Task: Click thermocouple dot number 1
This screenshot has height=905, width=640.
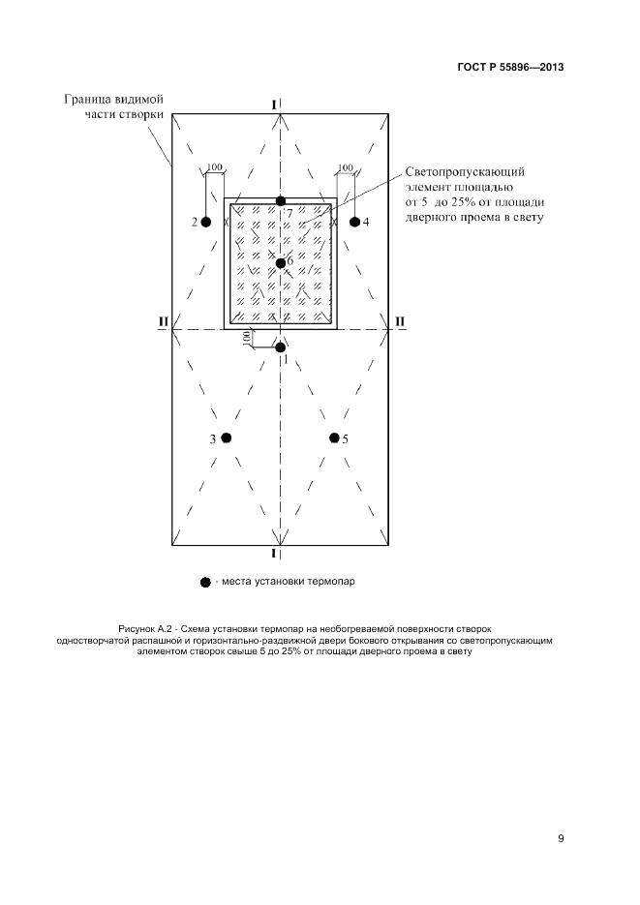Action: pyautogui.click(x=280, y=347)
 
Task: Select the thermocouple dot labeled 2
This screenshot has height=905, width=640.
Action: pyautogui.click(x=206, y=222)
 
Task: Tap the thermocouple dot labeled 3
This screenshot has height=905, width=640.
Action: pyautogui.click(x=226, y=438)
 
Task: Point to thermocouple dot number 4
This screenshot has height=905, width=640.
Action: pyautogui.click(x=353, y=222)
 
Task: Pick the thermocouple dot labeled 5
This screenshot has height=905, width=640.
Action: pyautogui.click(x=334, y=438)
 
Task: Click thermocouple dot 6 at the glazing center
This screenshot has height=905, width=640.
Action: pyautogui.click(x=280, y=262)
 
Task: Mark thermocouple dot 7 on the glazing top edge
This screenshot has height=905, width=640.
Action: pyautogui.click(x=280, y=200)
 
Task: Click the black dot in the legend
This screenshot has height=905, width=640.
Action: pyautogui.click(x=204, y=582)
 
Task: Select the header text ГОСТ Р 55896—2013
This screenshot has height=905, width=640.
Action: pyautogui.click(x=510, y=68)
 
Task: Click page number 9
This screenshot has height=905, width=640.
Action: pyautogui.click(x=561, y=838)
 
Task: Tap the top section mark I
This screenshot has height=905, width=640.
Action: pyautogui.click(x=275, y=104)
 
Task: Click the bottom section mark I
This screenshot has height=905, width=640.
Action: pyautogui.click(x=274, y=554)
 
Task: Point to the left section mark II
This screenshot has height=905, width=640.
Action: pyautogui.click(x=164, y=320)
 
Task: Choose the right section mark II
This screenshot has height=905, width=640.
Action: pyautogui.click(x=400, y=320)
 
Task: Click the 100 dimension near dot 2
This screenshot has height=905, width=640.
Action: pyautogui.click(x=215, y=167)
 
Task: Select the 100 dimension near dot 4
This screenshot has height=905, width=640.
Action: pyautogui.click(x=346, y=167)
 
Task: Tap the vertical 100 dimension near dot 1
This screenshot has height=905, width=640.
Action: pyautogui.click(x=247, y=338)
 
